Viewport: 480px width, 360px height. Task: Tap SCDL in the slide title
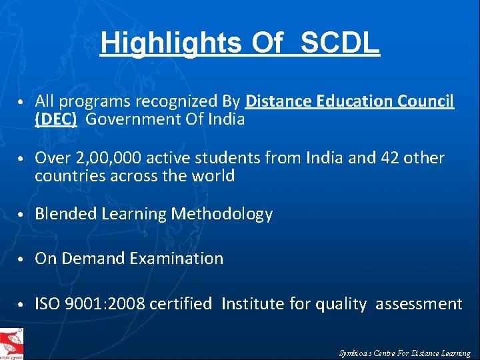click(340, 43)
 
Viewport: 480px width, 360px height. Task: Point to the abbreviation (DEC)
click(56, 120)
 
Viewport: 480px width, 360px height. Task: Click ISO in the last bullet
click(47, 305)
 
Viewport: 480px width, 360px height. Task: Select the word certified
click(181, 305)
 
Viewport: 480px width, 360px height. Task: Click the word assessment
click(419, 305)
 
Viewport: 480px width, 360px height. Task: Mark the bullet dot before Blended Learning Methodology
click(22, 215)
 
